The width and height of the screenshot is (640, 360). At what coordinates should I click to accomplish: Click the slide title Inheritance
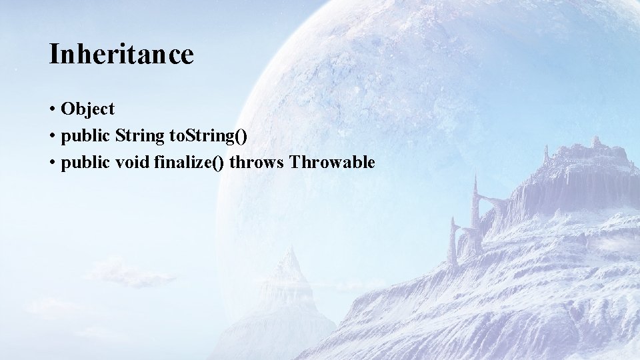121,54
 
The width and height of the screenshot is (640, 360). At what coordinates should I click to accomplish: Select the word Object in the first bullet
87,109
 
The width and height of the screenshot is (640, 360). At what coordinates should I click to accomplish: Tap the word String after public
139,136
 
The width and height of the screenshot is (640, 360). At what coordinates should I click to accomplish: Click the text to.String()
208,136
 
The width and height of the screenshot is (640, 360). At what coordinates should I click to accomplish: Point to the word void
127,162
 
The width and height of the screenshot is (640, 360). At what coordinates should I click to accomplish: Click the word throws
256,162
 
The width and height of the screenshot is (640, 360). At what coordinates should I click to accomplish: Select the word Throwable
332,162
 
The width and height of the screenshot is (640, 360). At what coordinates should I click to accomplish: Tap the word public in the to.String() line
85,136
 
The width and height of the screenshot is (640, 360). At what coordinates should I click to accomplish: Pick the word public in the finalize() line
85,162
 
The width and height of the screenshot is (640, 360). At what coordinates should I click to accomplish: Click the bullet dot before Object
51,109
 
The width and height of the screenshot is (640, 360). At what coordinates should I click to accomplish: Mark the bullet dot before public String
51,137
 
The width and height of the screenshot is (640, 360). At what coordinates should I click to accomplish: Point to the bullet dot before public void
51,163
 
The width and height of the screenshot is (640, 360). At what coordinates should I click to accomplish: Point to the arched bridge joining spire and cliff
493,200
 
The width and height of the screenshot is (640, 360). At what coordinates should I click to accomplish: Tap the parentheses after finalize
217,162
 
